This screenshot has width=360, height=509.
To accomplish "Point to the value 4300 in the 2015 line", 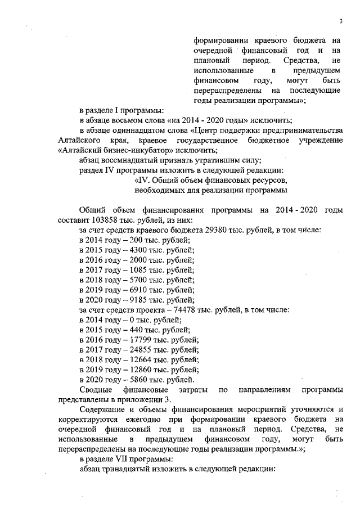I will pos(130,250).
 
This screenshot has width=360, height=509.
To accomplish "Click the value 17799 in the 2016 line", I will pos(133,339).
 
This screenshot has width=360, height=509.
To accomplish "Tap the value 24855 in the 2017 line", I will pos(133,349).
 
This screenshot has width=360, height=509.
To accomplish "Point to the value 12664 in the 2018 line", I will pos(133,359).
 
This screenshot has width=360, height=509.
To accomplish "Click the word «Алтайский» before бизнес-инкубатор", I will pos(79,150).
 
